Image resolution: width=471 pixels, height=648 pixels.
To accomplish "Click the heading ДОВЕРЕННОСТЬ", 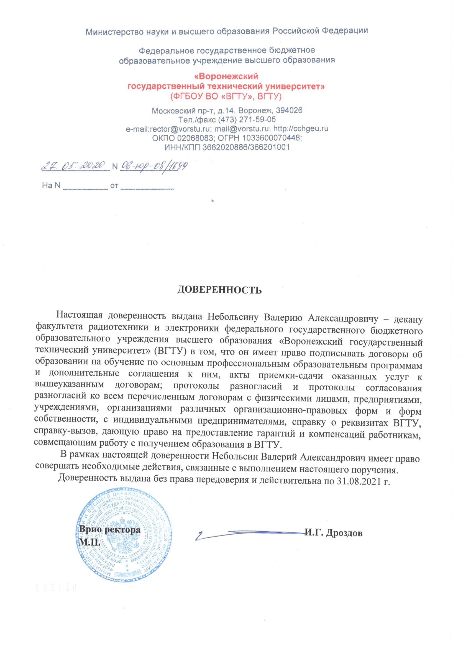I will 220,290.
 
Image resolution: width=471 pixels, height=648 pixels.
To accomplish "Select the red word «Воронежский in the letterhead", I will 226,76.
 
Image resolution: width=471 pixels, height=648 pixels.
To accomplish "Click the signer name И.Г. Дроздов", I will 334,533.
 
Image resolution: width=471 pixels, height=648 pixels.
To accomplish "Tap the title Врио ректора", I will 110,529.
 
